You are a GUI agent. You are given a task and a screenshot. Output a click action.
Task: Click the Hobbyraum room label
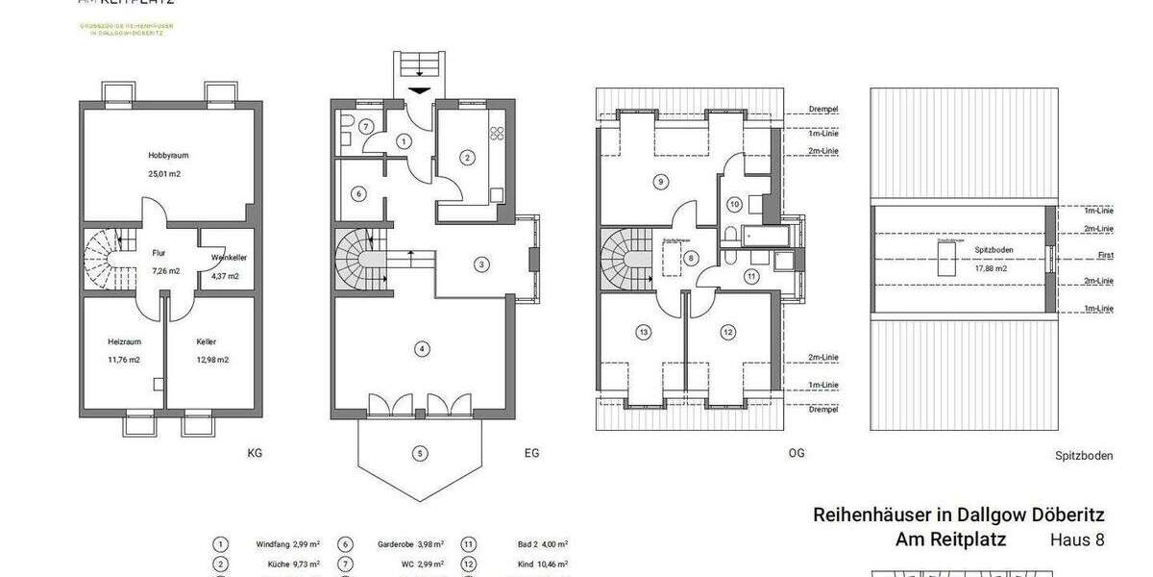click(164, 155)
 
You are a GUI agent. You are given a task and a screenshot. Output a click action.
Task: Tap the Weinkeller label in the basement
click(226, 258)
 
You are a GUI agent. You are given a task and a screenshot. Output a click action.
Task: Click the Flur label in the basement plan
click(159, 253)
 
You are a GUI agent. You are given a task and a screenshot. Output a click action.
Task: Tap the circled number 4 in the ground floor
click(420, 348)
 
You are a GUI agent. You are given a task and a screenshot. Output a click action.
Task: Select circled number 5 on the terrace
click(420, 453)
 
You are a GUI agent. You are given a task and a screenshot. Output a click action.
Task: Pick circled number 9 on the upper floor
click(659, 180)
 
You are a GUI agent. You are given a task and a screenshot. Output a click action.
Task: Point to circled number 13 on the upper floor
click(644, 332)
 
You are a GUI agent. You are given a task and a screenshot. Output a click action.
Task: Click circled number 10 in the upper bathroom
click(734, 204)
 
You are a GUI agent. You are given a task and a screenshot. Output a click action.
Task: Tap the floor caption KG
click(255, 452)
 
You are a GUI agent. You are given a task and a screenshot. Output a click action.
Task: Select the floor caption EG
click(531, 452)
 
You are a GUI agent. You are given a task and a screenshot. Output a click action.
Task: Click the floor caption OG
click(796, 452)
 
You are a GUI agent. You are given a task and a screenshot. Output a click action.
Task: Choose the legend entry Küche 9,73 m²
click(288, 564)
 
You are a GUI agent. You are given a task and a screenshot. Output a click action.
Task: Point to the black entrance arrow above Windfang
click(420, 91)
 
